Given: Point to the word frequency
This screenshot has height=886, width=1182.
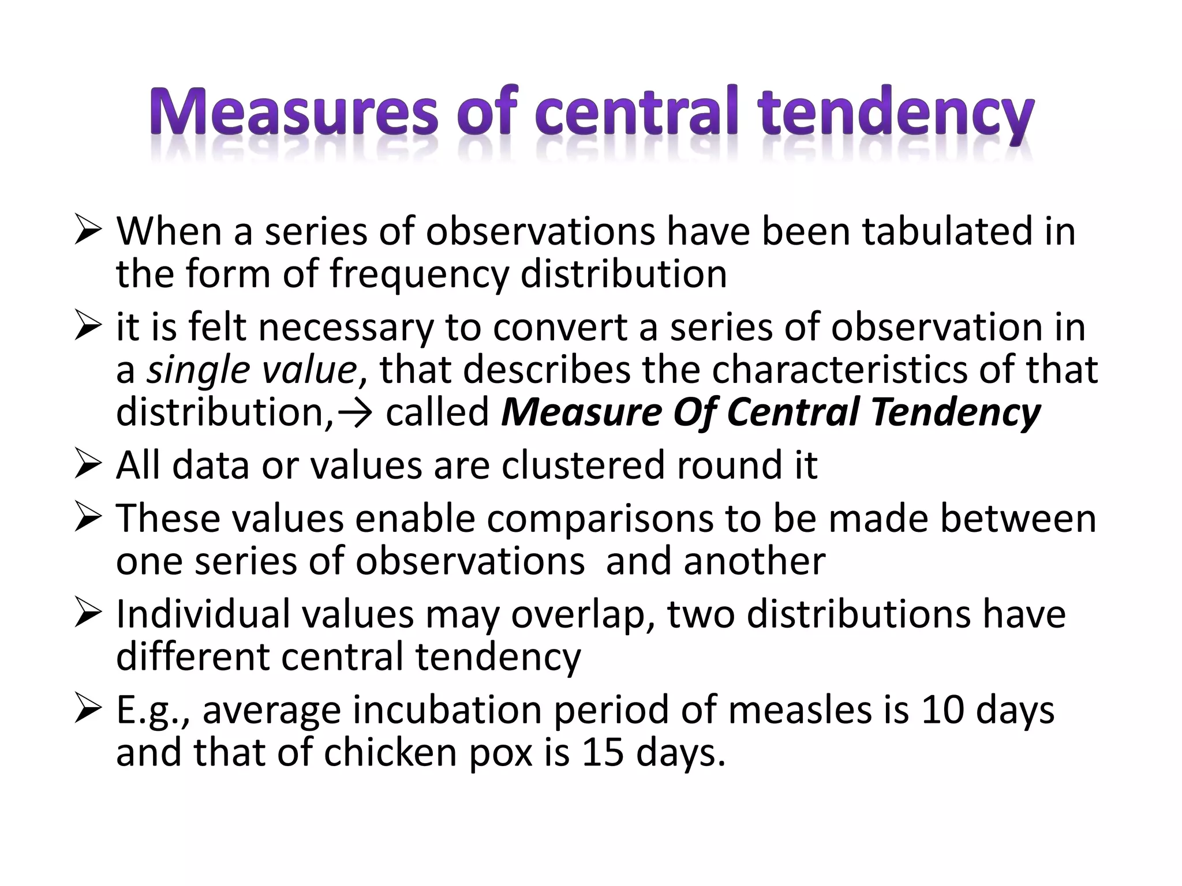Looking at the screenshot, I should coord(419,275).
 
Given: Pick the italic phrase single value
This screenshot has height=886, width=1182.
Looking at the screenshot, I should coord(252,370).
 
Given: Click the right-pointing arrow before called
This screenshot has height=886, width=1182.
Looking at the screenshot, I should coord(354,413).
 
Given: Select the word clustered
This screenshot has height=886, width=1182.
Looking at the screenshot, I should coord(583,465).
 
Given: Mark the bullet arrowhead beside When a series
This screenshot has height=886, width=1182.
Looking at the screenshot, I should coord(88,231).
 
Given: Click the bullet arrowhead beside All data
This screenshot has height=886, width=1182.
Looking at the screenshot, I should coord(88,465).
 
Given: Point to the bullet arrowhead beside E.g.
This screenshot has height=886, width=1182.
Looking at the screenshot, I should coord(88,710).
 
